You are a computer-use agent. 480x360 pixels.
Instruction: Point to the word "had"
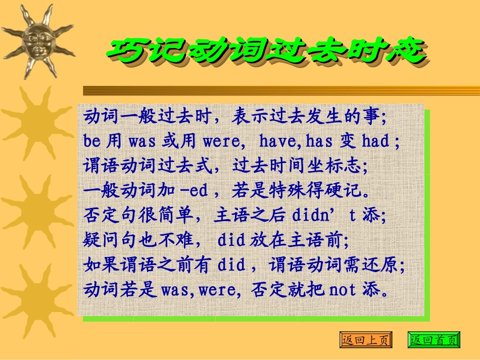(375, 141)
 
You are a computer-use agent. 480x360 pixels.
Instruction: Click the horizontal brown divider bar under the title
(281, 90)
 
